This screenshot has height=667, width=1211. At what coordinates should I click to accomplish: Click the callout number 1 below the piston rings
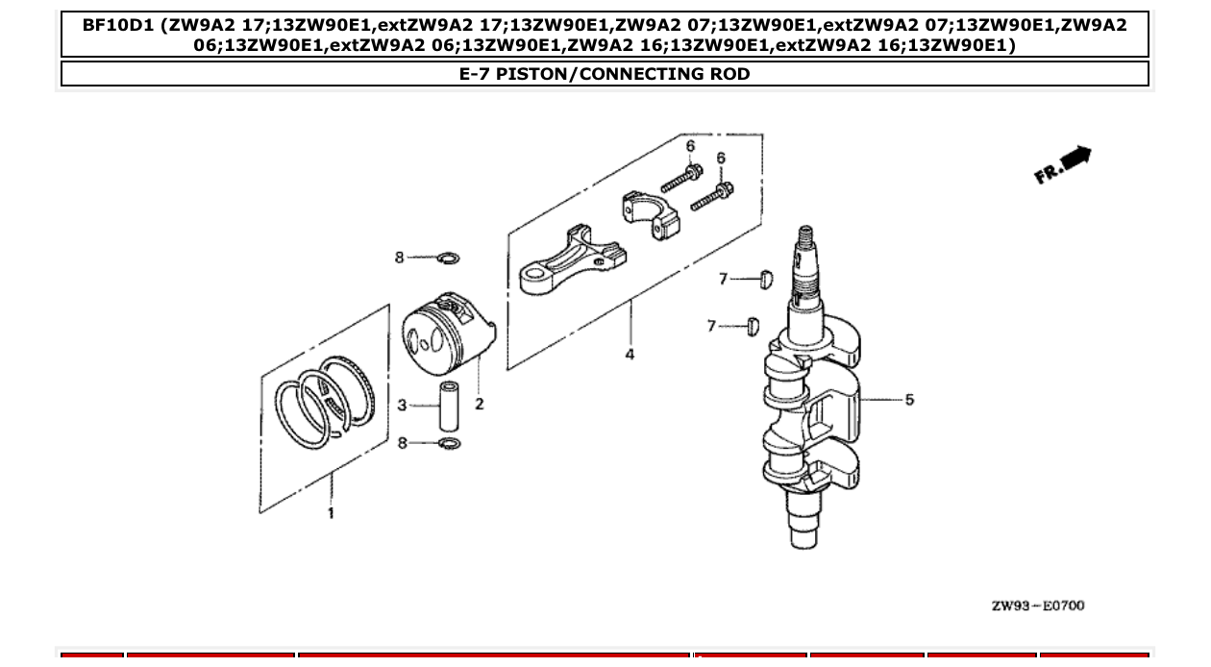tap(331, 513)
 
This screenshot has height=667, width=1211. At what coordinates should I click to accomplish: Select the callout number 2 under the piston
tap(479, 405)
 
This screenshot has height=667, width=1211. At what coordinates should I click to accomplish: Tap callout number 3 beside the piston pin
tap(403, 406)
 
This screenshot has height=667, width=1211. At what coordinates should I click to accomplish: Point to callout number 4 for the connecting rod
tap(630, 355)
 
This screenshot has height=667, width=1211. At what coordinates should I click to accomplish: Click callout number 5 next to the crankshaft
tap(909, 399)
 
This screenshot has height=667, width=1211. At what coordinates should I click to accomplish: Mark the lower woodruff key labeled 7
tap(753, 327)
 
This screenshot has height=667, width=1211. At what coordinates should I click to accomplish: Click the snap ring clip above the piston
tap(448, 258)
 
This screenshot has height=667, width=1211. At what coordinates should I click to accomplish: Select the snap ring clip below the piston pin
tap(448, 443)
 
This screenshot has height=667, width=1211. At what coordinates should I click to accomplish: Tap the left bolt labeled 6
tap(680, 180)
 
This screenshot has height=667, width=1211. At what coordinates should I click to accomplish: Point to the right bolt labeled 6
tap(710, 195)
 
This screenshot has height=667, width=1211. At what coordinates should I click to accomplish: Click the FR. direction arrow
tap(1063, 165)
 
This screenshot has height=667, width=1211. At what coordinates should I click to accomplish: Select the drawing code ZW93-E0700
tap(1038, 605)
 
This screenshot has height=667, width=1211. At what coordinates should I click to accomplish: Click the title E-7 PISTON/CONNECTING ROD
tap(605, 74)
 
